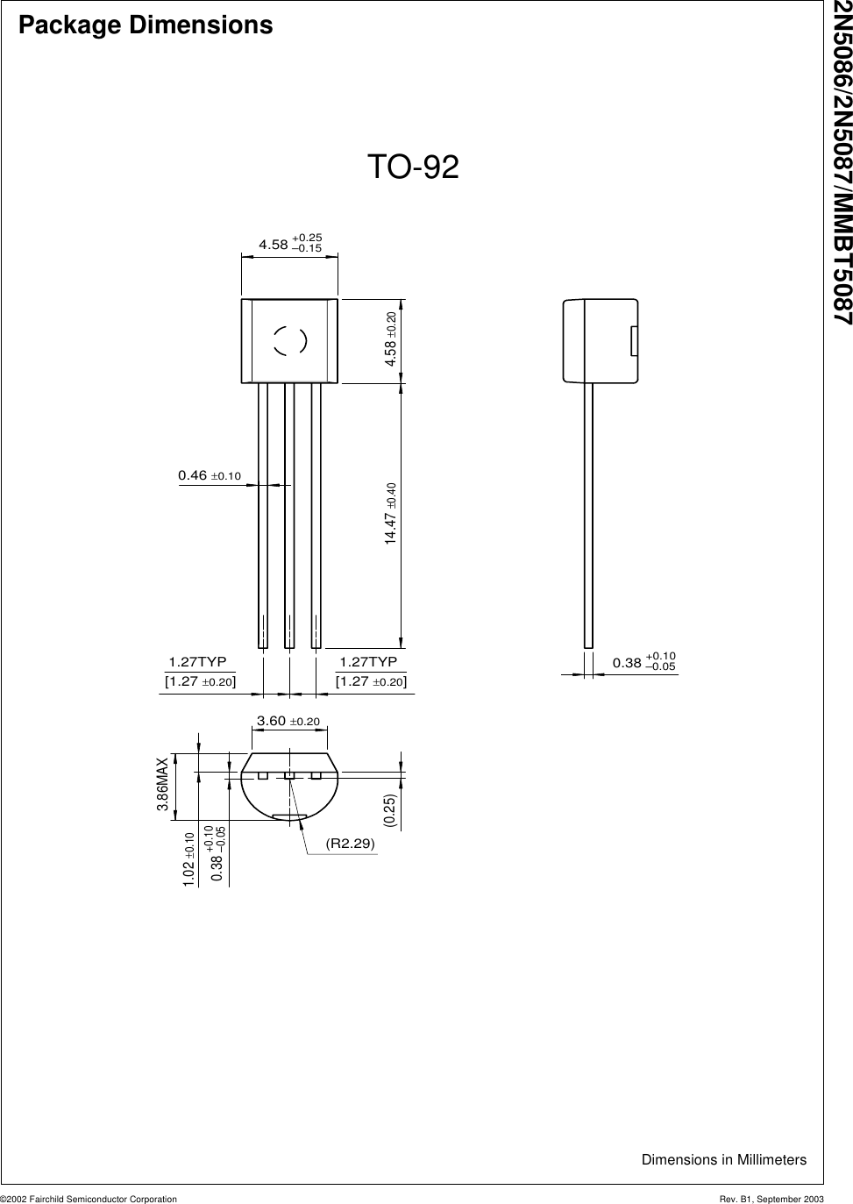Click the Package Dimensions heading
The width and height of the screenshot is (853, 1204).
pos(146,25)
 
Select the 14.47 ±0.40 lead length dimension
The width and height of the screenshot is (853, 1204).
pos(392,513)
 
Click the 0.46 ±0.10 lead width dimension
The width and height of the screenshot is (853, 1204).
pos(209,475)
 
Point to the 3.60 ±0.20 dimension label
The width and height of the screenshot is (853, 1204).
pos(288,721)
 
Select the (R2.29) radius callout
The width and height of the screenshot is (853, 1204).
pos(350,843)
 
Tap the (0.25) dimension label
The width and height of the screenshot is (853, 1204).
pos(389,810)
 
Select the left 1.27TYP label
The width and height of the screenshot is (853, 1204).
pos(197,661)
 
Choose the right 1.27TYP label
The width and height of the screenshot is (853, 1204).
pos(369,661)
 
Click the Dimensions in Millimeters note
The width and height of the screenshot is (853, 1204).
pos(723,1159)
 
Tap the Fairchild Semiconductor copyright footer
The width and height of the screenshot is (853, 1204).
pos(89,1198)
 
